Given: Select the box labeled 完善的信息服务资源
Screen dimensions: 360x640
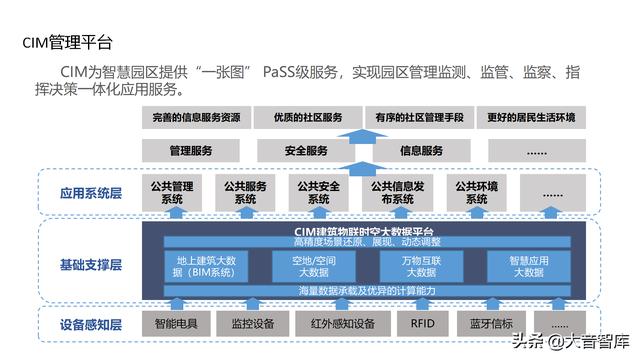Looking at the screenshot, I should click(196, 118).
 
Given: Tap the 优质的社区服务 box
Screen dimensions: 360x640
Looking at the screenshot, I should click(307, 118).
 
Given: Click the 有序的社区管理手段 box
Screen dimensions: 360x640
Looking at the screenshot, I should click(419, 118).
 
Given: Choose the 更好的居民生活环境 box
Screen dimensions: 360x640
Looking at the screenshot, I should click(530, 118).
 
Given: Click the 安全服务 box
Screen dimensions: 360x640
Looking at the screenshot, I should click(306, 151).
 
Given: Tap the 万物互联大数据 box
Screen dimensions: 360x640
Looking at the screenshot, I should click(408, 266).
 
